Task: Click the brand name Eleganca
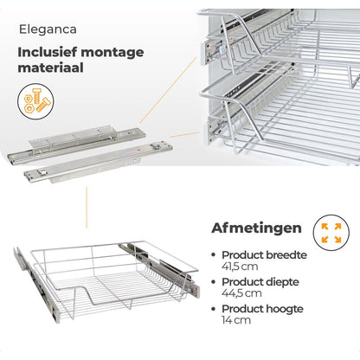48,29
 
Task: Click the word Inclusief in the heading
48,52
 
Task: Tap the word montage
112,54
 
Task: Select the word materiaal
50,67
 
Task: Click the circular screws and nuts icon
35,101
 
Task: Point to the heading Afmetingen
256,228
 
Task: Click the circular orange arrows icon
331,233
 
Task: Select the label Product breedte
264,255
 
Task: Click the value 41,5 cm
240,267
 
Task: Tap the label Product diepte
260,282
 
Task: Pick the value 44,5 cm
241,293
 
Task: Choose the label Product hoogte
262,309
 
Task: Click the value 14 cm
236,320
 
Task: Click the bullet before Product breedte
214,255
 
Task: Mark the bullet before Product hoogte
214,309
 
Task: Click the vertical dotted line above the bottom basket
87,208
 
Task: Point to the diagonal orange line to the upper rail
169,90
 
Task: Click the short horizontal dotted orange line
185,134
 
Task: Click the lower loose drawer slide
99,162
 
